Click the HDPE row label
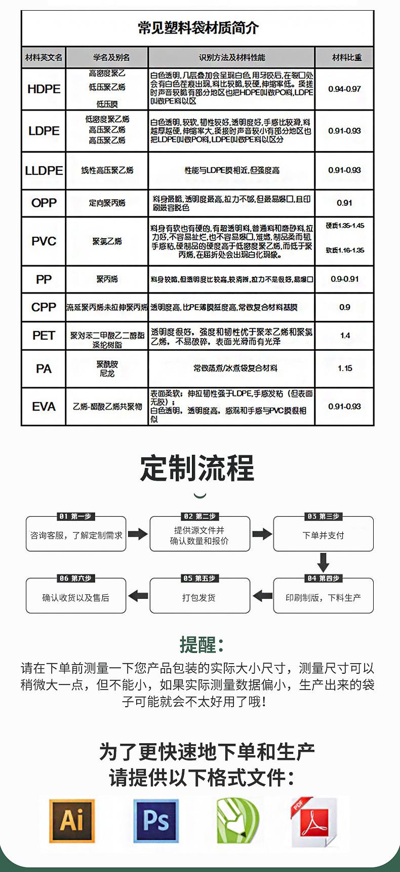coord(44,89)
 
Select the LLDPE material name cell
coord(44,171)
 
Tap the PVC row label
coord(44,241)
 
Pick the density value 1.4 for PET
coord(345,336)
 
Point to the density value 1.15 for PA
coord(345,369)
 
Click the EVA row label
coord(44,407)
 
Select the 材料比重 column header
coord(346,58)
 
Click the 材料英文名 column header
coord(44,58)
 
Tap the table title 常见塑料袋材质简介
coord(198,28)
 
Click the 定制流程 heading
coord(197,468)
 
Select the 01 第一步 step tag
coord(75,517)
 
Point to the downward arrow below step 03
coord(323,563)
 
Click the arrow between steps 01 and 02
coord(137,534)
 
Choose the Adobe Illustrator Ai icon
coord(72,821)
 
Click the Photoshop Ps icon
coord(156,821)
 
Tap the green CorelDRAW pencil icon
coord(237,821)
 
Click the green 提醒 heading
coord(201,645)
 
